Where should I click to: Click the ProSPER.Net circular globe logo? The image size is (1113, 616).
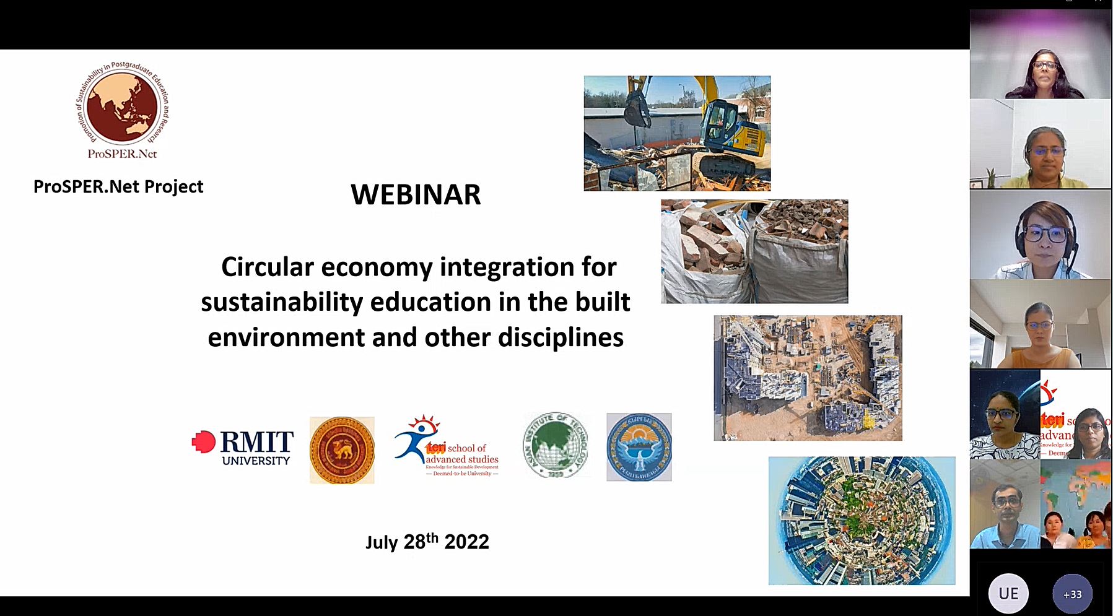coord(122,109)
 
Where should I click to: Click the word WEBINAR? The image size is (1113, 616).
coord(416,194)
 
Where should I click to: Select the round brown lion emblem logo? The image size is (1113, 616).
coord(342,449)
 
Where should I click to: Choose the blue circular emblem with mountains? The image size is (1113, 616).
coord(639,447)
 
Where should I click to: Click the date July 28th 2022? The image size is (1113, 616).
coord(427,542)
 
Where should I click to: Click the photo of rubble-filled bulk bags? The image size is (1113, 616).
coord(754,251)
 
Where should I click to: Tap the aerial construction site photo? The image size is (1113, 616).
coord(808,378)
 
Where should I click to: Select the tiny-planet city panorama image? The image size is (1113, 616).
coord(862,521)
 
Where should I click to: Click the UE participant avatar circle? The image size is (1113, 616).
coord(1008,594)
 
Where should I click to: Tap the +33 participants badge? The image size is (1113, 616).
coord(1072,594)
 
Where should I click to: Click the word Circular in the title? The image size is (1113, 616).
coord(268,267)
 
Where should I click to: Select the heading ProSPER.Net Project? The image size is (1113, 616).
coord(118,186)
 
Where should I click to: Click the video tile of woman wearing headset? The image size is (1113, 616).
coord(1040,234)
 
